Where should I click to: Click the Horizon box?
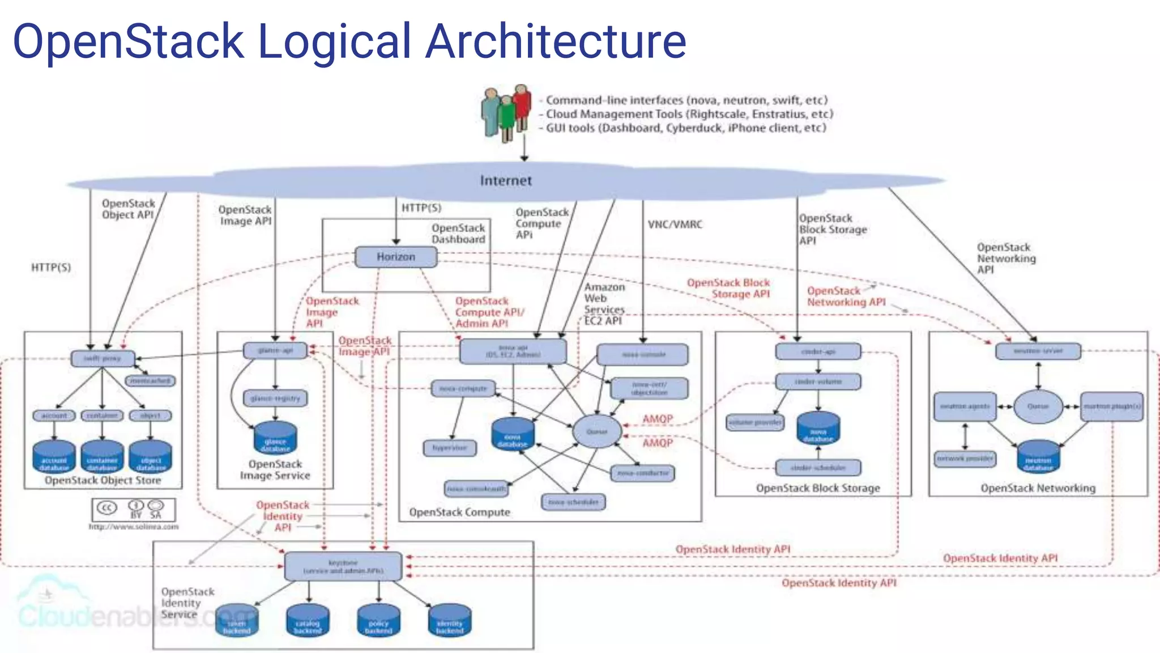pyautogui.click(x=396, y=257)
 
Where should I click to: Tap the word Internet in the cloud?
pyautogui.click(x=506, y=181)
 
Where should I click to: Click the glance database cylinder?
pyautogui.click(x=275, y=438)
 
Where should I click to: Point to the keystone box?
pyautogui.click(x=343, y=566)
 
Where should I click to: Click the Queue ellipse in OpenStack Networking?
pyautogui.click(x=1038, y=406)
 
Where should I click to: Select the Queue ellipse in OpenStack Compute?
pyautogui.click(x=597, y=431)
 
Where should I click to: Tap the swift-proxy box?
pyautogui.click(x=103, y=358)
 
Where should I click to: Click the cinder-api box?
pyautogui.click(x=818, y=351)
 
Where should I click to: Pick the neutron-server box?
pyautogui.click(x=1038, y=351)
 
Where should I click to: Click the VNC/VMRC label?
pyautogui.click(x=675, y=224)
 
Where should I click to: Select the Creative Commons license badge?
pyautogui.click(x=134, y=510)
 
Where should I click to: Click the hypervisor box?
pyautogui.click(x=450, y=448)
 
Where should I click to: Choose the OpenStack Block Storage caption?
pyautogui.click(x=818, y=488)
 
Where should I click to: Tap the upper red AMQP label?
pyautogui.click(x=657, y=419)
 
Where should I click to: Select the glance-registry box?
pyautogui.click(x=275, y=398)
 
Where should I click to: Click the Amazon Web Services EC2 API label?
pyautogui.click(x=604, y=304)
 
